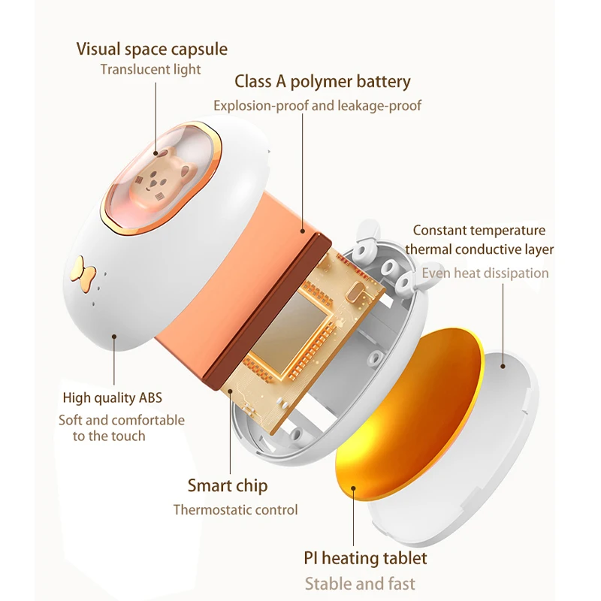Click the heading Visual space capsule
click(x=152, y=50)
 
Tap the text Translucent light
click(x=151, y=69)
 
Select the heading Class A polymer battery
click(x=322, y=81)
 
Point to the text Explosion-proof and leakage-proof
click(x=317, y=105)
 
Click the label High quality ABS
click(x=112, y=397)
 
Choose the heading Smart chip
click(x=227, y=485)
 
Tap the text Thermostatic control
click(x=235, y=509)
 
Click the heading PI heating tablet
click(x=365, y=558)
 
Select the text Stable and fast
click(x=359, y=583)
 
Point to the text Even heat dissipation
click(x=485, y=273)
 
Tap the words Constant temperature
click(x=479, y=230)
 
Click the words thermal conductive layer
click(x=479, y=249)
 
